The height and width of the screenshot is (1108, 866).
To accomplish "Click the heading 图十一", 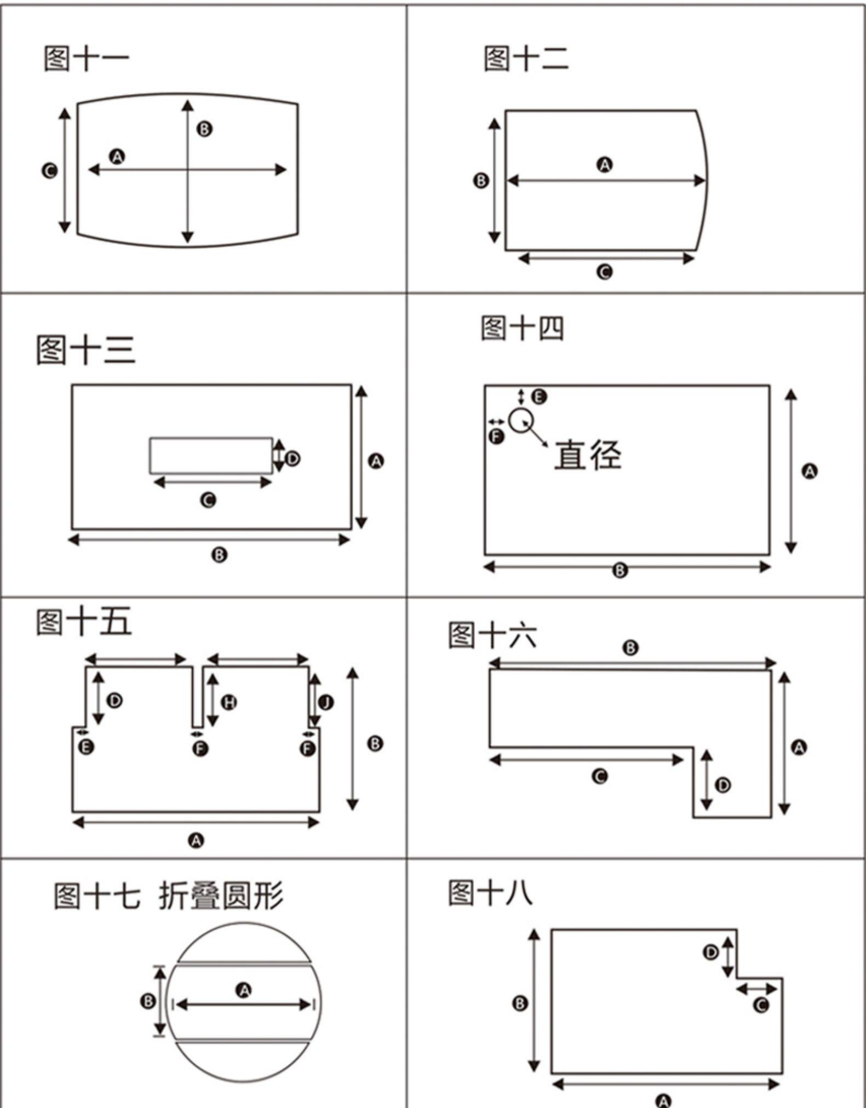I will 86,59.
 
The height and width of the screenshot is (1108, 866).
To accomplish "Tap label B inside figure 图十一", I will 204,129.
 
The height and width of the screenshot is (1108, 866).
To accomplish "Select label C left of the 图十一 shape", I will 49,171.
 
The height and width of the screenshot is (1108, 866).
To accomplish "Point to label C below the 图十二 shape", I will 604,272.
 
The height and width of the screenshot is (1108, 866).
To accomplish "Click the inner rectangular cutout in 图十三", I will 211,455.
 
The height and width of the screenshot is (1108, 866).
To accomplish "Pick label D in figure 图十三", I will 293,458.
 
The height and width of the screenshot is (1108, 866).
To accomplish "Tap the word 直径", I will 588,455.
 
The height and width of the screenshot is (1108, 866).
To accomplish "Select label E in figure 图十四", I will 539,397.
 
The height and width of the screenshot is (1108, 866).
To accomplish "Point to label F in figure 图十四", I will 496,437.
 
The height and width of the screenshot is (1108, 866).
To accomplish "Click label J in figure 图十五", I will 326,702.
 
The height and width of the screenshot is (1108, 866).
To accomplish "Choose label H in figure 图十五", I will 229,702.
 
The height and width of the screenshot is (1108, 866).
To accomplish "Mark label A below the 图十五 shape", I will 196,840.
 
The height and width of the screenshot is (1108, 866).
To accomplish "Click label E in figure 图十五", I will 86,747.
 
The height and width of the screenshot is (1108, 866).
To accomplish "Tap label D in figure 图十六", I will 723,785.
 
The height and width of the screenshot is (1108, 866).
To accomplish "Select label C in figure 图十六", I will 600,776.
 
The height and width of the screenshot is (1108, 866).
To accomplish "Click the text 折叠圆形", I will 221,897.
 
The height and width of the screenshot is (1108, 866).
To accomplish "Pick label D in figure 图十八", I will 711,952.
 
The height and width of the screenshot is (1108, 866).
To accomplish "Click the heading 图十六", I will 492,635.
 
